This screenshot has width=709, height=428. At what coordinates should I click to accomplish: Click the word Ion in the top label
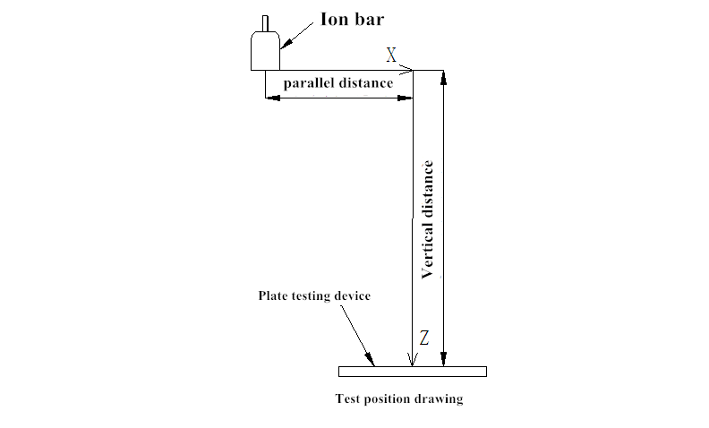point(336,18)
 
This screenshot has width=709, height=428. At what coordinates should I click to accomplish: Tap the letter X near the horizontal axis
point(391,56)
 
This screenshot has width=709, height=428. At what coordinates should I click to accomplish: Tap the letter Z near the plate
point(424,338)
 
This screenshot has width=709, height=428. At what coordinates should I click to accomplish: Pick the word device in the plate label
point(352,295)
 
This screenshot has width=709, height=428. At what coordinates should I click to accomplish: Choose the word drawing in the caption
point(440,399)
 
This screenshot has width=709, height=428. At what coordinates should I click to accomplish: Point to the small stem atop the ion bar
point(265,22)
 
